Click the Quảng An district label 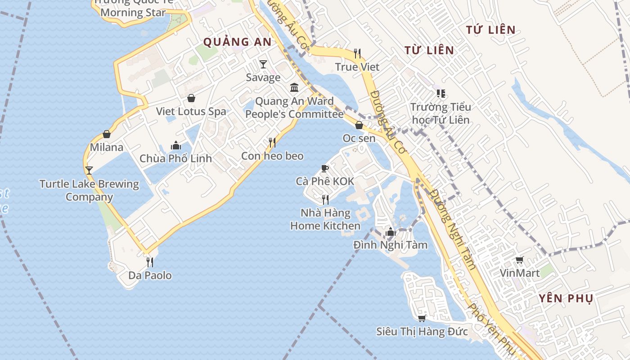[237, 42]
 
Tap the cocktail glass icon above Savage [263, 64]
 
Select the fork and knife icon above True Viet [357, 54]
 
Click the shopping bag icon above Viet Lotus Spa [191, 98]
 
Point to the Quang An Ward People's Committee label [294, 108]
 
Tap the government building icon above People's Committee [294, 87]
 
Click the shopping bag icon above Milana [107, 134]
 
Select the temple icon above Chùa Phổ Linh [175, 145]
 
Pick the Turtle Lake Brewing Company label [89, 190]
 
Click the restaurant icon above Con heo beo [272, 143]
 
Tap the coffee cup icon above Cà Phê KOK [325, 168]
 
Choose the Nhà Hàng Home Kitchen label [325, 219]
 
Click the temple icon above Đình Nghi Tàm [390, 232]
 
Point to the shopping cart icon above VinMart [520, 260]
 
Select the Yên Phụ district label [566, 298]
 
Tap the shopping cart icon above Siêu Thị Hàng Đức [422, 319]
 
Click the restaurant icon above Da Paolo [150, 262]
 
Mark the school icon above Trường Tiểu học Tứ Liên [441, 94]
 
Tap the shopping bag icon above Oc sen [359, 125]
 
